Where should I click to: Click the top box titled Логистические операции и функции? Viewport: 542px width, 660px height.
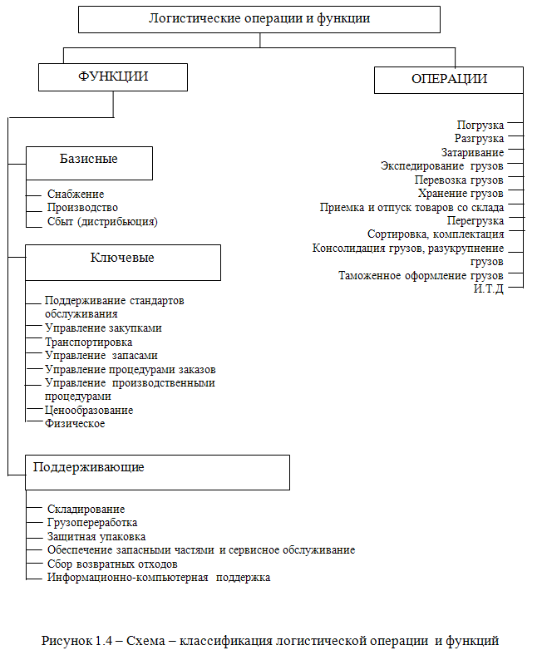[x=259, y=18]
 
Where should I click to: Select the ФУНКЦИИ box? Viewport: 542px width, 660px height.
[x=113, y=77]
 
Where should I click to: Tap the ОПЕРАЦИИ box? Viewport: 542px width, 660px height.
[x=449, y=80]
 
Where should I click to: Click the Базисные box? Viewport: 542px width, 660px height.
[x=89, y=162]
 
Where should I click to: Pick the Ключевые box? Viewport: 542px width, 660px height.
[x=122, y=262]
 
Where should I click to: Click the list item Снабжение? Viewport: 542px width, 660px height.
[x=76, y=195]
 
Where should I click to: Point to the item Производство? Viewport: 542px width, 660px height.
[x=82, y=208]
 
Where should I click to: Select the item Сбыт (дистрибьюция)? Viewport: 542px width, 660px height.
[x=102, y=222]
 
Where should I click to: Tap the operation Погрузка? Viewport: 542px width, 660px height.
[x=480, y=126]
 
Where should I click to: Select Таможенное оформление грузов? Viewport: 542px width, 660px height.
[x=421, y=276]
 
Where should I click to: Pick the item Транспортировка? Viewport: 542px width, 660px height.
[x=89, y=342]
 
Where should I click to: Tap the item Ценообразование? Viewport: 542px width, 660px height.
[x=89, y=410]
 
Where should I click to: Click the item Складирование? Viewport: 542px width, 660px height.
[x=86, y=509]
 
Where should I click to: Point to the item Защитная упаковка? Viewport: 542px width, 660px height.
[x=96, y=536]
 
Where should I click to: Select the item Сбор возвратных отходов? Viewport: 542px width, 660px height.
[x=113, y=564]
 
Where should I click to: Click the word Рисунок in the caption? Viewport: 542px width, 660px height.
[x=67, y=641]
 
